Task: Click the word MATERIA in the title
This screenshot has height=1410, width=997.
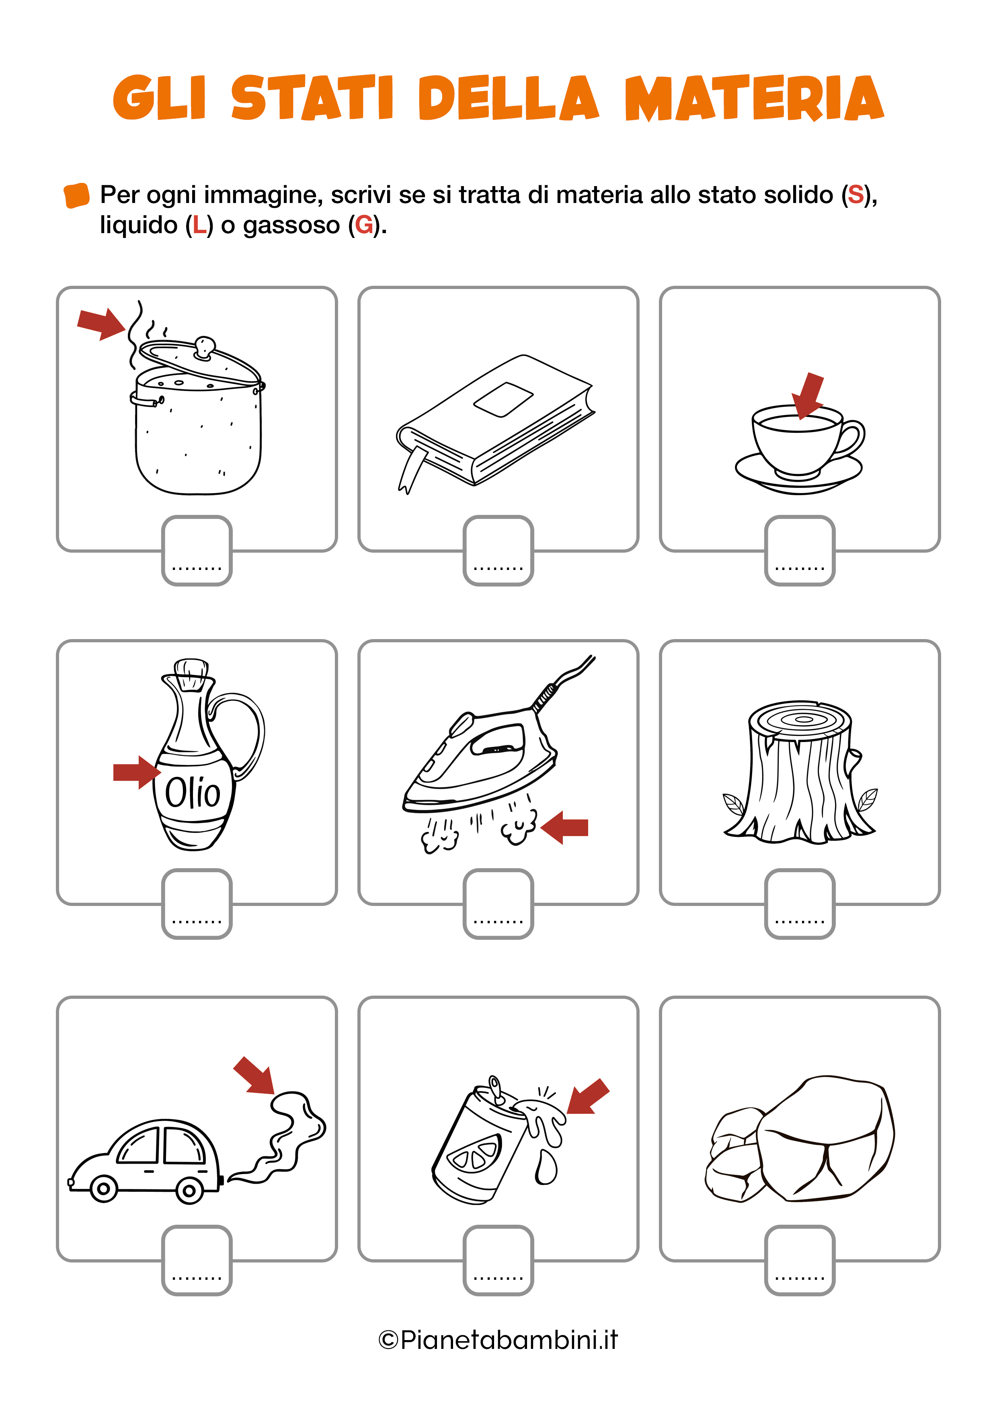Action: click(754, 98)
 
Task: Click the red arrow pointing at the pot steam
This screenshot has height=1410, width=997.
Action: click(101, 324)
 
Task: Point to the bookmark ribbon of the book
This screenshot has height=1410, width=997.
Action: click(412, 469)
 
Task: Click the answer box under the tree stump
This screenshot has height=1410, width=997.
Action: click(799, 904)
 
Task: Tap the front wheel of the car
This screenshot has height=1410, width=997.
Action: click(104, 1189)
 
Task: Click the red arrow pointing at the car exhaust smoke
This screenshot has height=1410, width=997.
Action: click(254, 1075)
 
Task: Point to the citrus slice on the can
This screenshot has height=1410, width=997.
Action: click(474, 1153)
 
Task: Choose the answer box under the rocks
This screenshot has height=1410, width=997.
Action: click(799, 1260)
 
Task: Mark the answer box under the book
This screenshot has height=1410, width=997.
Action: click(498, 550)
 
